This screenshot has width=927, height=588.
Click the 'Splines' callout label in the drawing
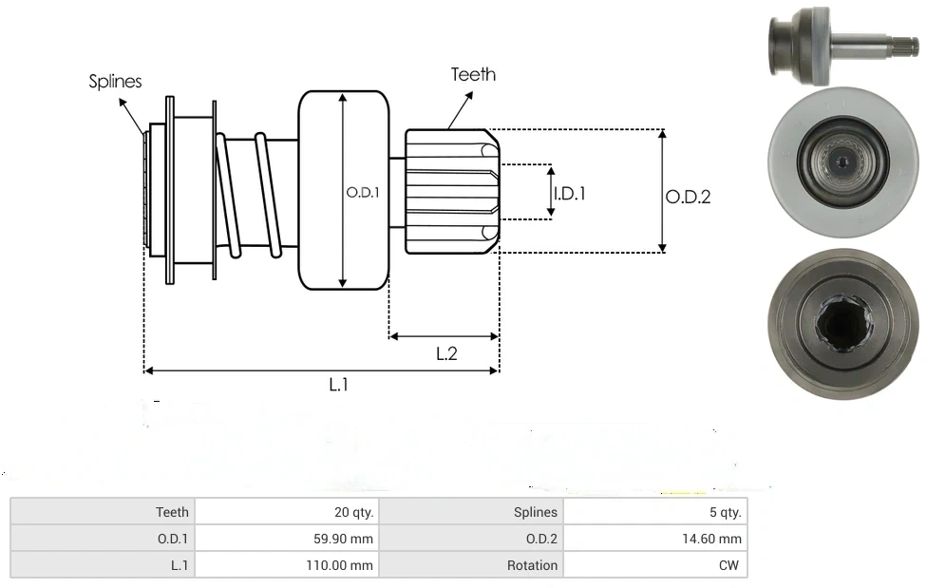pyautogui.click(x=115, y=82)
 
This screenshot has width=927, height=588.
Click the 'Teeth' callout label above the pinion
pyautogui.click(x=473, y=74)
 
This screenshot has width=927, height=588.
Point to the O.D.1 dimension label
pyautogui.click(x=363, y=192)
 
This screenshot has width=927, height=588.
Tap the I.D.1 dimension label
pyautogui.click(x=570, y=193)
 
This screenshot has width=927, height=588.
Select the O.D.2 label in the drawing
pyautogui.click(x=688, y=197)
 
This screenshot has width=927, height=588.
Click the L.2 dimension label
pyautogui.click(x=446, y=353)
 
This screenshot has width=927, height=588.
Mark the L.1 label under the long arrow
pyautogui.click(x=339, y=385)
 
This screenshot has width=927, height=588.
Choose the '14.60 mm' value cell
pyautogui.click(x=713, y=539)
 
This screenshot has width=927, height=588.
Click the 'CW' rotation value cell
pyautogui.click(x=730, y=565)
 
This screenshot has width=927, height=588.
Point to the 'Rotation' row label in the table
pyautogui.click(x=532, y=565)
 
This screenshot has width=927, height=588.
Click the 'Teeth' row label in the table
pyautogui.click(x=172, y=512)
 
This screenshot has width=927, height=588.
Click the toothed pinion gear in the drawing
pyautogui.click(x=452, y=191)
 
